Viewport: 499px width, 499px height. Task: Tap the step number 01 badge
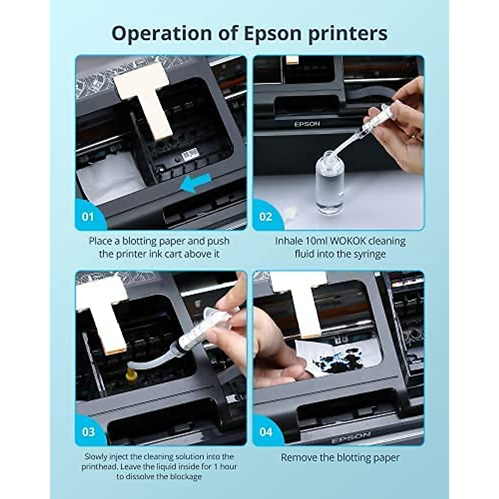pos(88,216)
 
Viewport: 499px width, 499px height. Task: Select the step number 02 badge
pos(265,216)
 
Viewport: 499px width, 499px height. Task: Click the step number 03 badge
pos(88,432)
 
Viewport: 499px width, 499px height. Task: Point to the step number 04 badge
pos(265,432)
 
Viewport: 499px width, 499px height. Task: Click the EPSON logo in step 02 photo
pos(307,124)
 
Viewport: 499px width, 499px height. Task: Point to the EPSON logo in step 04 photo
pos(351,437)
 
